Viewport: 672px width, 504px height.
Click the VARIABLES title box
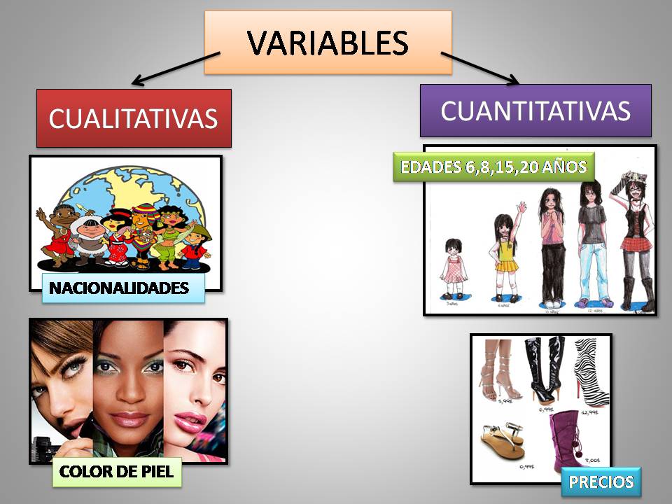[x=328, y=43]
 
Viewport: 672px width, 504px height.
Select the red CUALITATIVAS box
[x=133, y=118]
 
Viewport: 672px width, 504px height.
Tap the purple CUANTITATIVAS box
[x=535, y=110]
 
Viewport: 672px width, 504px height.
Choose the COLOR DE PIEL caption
[x=117, y=471]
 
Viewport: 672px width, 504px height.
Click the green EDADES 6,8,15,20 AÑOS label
[x=493, y=167]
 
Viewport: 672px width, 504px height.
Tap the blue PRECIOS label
[x=601, y=482]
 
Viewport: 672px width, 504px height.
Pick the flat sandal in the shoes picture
[x=503, y=441]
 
